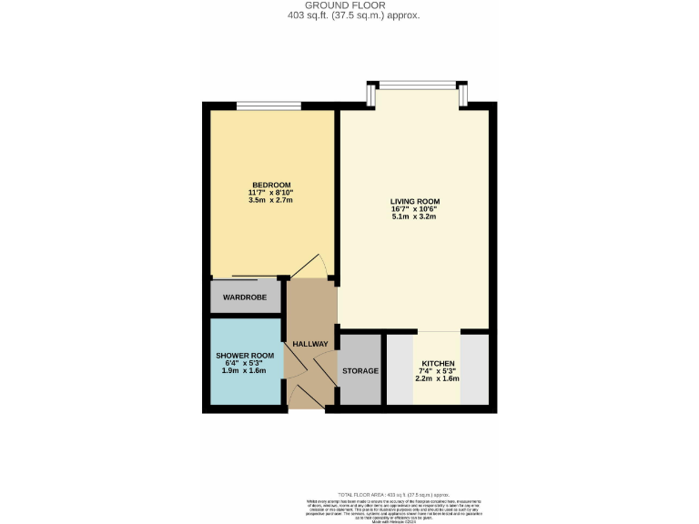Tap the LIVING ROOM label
pyautogui.click(x=415, y=201)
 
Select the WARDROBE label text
pyautogui.click(x=243, y=297)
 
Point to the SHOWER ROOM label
pyautogui.click(x=245, y=355)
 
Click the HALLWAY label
pyautogui.click(x=309, y=343)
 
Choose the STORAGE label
pyautogui.click(x=360, y=371)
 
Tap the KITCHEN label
pyautogui.click(x=438, y=363)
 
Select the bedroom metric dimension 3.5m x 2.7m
pyautogui.click(x=270, y=200)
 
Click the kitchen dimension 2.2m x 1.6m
pyautogui.click(x=438, y=378)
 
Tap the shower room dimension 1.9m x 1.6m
pyautogui.click(x=245, y=371)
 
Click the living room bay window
pyautogui.click(x=420, y=86)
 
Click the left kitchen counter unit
pyautogui.click(x=400, y=369)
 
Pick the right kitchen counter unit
pyautogui.click(x=475, y=369)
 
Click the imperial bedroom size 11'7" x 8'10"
pyautogui.click(x=270, y=192)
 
